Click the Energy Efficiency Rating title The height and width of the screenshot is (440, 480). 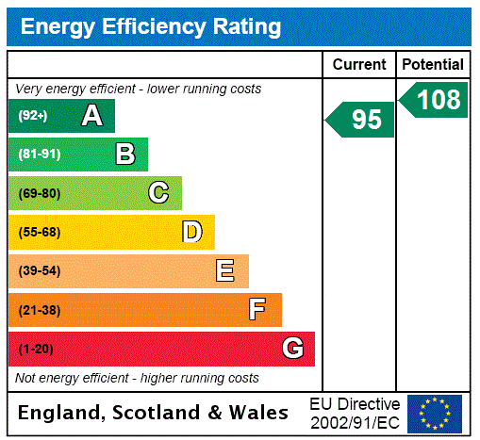click(x=151, y=27)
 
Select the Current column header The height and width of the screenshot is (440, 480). click(x=359, y=64)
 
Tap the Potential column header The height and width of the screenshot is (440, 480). click(x=433, y=64)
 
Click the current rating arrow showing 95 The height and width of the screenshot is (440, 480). click(x=361, y=120)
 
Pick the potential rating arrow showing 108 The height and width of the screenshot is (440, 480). click(x=435, y=100)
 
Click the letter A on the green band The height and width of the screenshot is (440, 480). click(x=91, y=116)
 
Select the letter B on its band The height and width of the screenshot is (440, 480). click(x=124, y=155)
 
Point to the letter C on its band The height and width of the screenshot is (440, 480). click(x=158, y=193)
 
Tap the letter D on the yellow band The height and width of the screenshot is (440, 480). click(x=191, y=232)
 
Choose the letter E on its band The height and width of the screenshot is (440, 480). click(x=225, y=271)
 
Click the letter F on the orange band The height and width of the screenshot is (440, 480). click(x=257, y=309)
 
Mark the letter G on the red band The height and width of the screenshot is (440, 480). click(x=292, y=349)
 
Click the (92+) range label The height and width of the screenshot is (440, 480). click(x=33, y=116)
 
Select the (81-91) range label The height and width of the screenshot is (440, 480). click(x=39, y=155)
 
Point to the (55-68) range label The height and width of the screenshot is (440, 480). click(x=39, y=232)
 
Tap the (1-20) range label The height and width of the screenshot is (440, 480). click(x=36, y=349)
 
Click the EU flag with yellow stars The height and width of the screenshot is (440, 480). click(x=434, y=413)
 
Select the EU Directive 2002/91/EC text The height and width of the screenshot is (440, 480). click(x=355, y=413)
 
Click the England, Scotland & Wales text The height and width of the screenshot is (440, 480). click(x=154, y=413)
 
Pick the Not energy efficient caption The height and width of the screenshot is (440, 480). click(x=137, y=378)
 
